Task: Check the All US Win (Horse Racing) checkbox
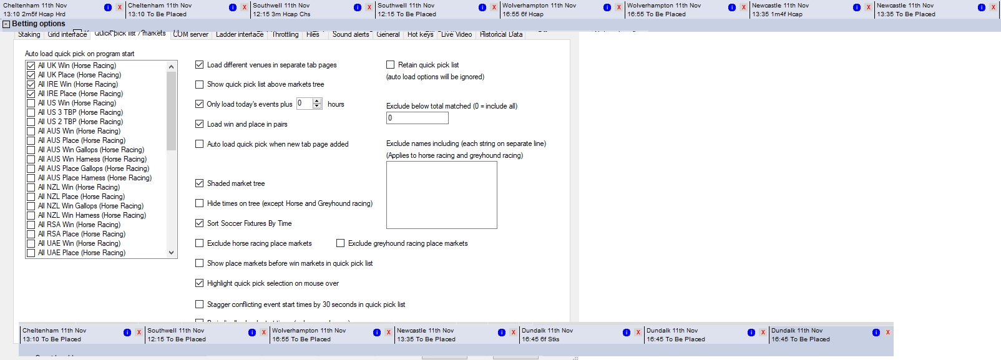tap(31, 103)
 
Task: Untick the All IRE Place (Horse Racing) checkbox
tap(31, 94)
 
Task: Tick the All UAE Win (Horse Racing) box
tap(31, 243)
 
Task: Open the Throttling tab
tap(285, 34)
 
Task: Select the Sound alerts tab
tap(350, 34)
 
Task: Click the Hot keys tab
tap(420, 34)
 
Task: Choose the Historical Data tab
tap(500, 34)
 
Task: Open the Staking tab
tap(29, 34)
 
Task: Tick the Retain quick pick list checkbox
tap(391, 65)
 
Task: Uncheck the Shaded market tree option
tap(200, 183)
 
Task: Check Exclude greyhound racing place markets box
tap(341, 243)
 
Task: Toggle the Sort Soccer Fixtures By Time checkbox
tap(200, 223)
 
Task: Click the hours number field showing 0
tap(304, 104)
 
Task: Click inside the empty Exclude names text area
tap(441, 195)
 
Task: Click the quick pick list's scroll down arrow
tap(172, 253)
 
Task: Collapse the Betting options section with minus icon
tap(6, 24)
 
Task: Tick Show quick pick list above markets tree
tap(200, 84)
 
